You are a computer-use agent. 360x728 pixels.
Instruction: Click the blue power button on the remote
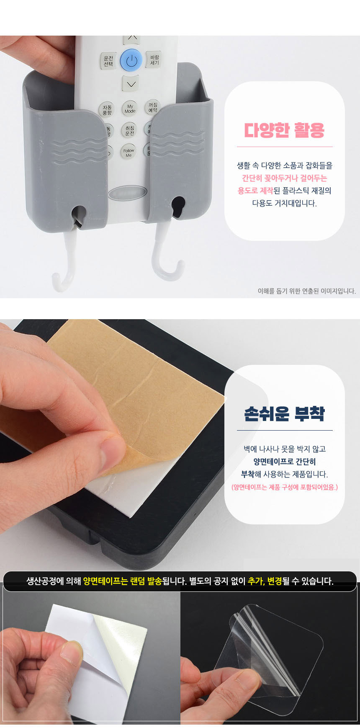pos(131,60)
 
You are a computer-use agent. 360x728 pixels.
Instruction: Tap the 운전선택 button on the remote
pos(108,61)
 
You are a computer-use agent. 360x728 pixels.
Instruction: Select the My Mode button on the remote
pos(130,108)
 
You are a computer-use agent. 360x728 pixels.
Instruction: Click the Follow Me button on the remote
pos(129,152)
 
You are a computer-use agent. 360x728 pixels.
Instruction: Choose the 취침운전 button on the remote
pos(130,130)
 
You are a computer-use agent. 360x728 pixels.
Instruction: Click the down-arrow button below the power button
pos(131,84)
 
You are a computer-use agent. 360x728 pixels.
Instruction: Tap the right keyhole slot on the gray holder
pos(178,207)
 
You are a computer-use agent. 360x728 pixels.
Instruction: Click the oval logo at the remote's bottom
pos(127,193)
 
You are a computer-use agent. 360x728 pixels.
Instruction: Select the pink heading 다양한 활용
pos(285,130)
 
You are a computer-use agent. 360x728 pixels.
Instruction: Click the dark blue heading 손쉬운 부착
pos(285,413)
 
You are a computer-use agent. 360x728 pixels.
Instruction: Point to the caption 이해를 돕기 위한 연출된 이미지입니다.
pos(307,291)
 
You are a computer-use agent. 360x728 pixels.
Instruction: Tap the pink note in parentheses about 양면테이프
pos(285,487)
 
